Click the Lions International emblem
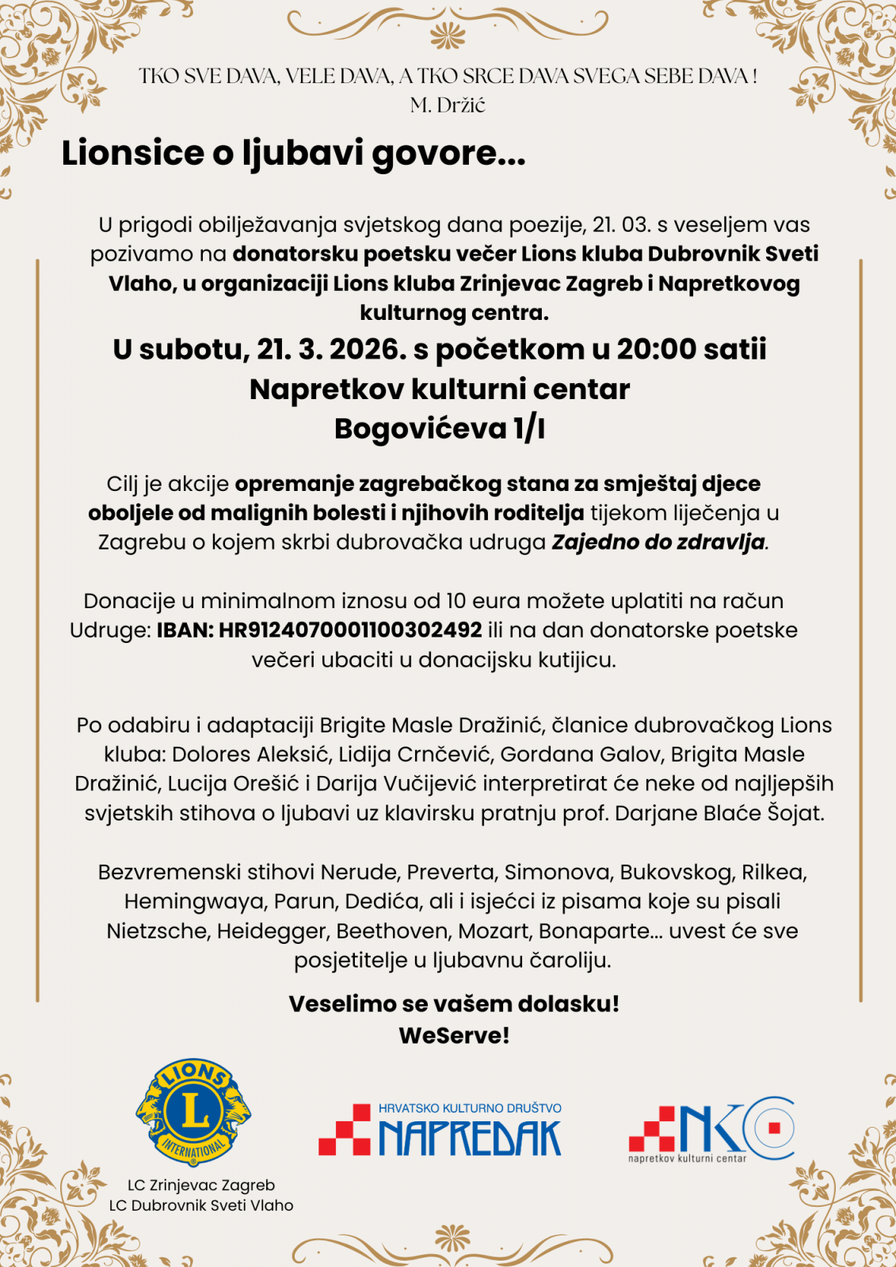[193, 1113]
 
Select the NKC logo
[711, 1128]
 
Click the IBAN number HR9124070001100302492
[350, 630]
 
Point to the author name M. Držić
[448, 105]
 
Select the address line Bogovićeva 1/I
[440, 428]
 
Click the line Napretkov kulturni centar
[440, 390]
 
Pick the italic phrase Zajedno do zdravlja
[659, 542]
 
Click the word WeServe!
[454, 1036]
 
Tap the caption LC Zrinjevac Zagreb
[201, 1185]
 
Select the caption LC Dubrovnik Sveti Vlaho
[201, 1205]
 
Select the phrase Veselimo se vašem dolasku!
[454, 1004]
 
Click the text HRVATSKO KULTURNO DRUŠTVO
[470, 1109]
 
